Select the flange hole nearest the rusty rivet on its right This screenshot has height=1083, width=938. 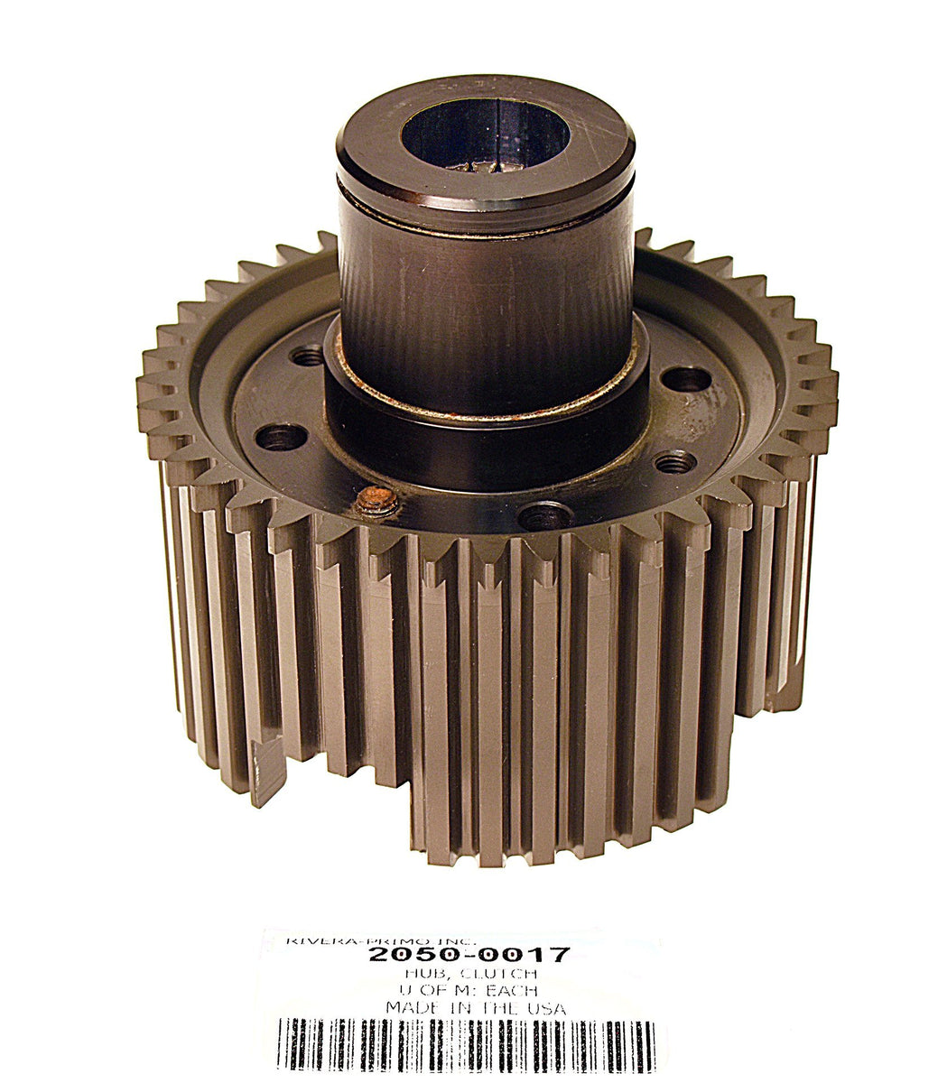[x=545, y=516]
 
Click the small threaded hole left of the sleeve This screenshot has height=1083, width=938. [x=308, y=356]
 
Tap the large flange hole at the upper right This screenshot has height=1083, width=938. [x=685, y=378]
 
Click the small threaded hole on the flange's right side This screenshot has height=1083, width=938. [x=675, y=464]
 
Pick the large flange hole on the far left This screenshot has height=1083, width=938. [x=281, y=438]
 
